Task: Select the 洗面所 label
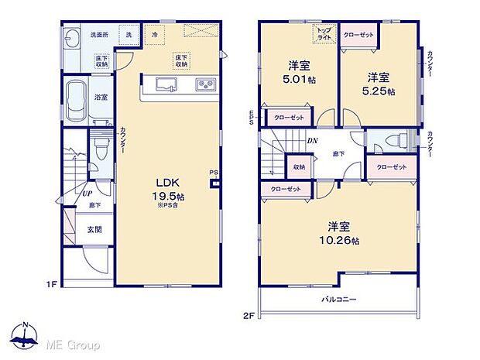click(x=98, y=35)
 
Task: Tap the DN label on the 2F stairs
click(x=312, y=141)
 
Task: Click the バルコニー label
click(x=338, y=298)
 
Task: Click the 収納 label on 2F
click(x=299, y=166)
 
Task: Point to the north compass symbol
click(x=26, y=336)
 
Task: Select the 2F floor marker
click(x=248, y=315)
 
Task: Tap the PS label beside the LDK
click(x=213, y=173)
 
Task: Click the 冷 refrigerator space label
click(x=154, y=35)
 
